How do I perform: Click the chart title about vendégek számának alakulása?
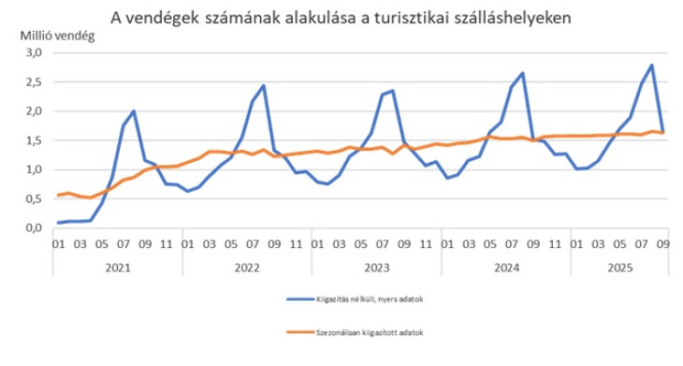342,17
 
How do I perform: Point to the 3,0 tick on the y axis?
33,53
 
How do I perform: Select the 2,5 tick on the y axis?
33,82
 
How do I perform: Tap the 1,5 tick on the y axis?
33,140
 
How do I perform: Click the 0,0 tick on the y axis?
33,227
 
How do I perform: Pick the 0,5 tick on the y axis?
33,198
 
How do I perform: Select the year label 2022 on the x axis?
247,267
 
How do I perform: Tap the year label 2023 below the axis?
376,267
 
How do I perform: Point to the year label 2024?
505,267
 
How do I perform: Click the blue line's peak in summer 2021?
134,110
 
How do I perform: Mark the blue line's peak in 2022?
264,85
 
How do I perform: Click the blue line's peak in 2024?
522,73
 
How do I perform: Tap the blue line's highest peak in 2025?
651,65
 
